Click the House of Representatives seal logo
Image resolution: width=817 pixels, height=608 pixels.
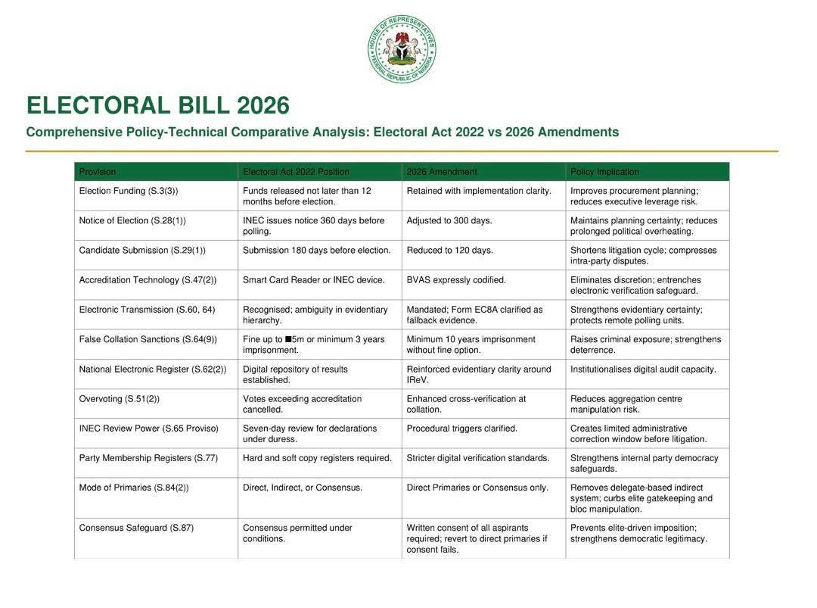[x=402, y=49]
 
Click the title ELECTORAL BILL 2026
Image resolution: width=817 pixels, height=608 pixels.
[x=157, y=105]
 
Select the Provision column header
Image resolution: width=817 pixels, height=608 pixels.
[x=98, y=172]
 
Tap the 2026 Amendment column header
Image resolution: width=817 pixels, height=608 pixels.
[x=442, y=172]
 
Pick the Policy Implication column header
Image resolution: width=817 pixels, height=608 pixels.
[x=604, y=172]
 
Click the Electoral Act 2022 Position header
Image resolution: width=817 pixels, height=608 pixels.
[x=296, y=172]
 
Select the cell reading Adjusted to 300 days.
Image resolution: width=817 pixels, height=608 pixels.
[x=449, y=220]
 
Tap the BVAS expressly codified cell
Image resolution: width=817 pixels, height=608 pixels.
[x=456, y=280]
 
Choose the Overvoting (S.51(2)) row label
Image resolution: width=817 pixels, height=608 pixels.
[x=120, y=399]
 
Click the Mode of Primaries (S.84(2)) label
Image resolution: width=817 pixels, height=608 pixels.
[x=134, y=488]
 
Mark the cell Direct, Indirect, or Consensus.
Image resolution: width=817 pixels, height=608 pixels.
[x=303, y=488]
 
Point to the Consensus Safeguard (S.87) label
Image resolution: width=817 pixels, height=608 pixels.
[x=136, y=528]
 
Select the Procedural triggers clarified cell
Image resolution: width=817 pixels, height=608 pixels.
[x=462, y=429]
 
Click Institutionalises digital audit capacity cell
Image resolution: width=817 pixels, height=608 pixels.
[x=643, y=369]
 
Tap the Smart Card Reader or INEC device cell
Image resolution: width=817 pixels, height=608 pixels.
[x=313, y=280]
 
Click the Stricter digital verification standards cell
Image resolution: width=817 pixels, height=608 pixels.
[x=478, y=458]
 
